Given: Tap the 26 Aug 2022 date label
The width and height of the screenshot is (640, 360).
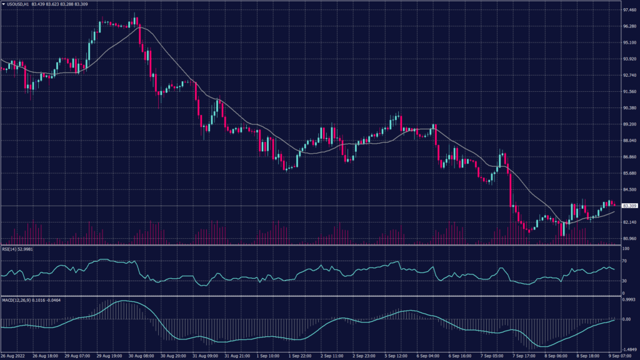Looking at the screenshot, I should [13, 355].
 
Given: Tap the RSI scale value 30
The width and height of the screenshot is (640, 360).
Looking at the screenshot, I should [624, 281].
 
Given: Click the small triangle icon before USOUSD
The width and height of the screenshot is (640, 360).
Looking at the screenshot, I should [3, 4].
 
